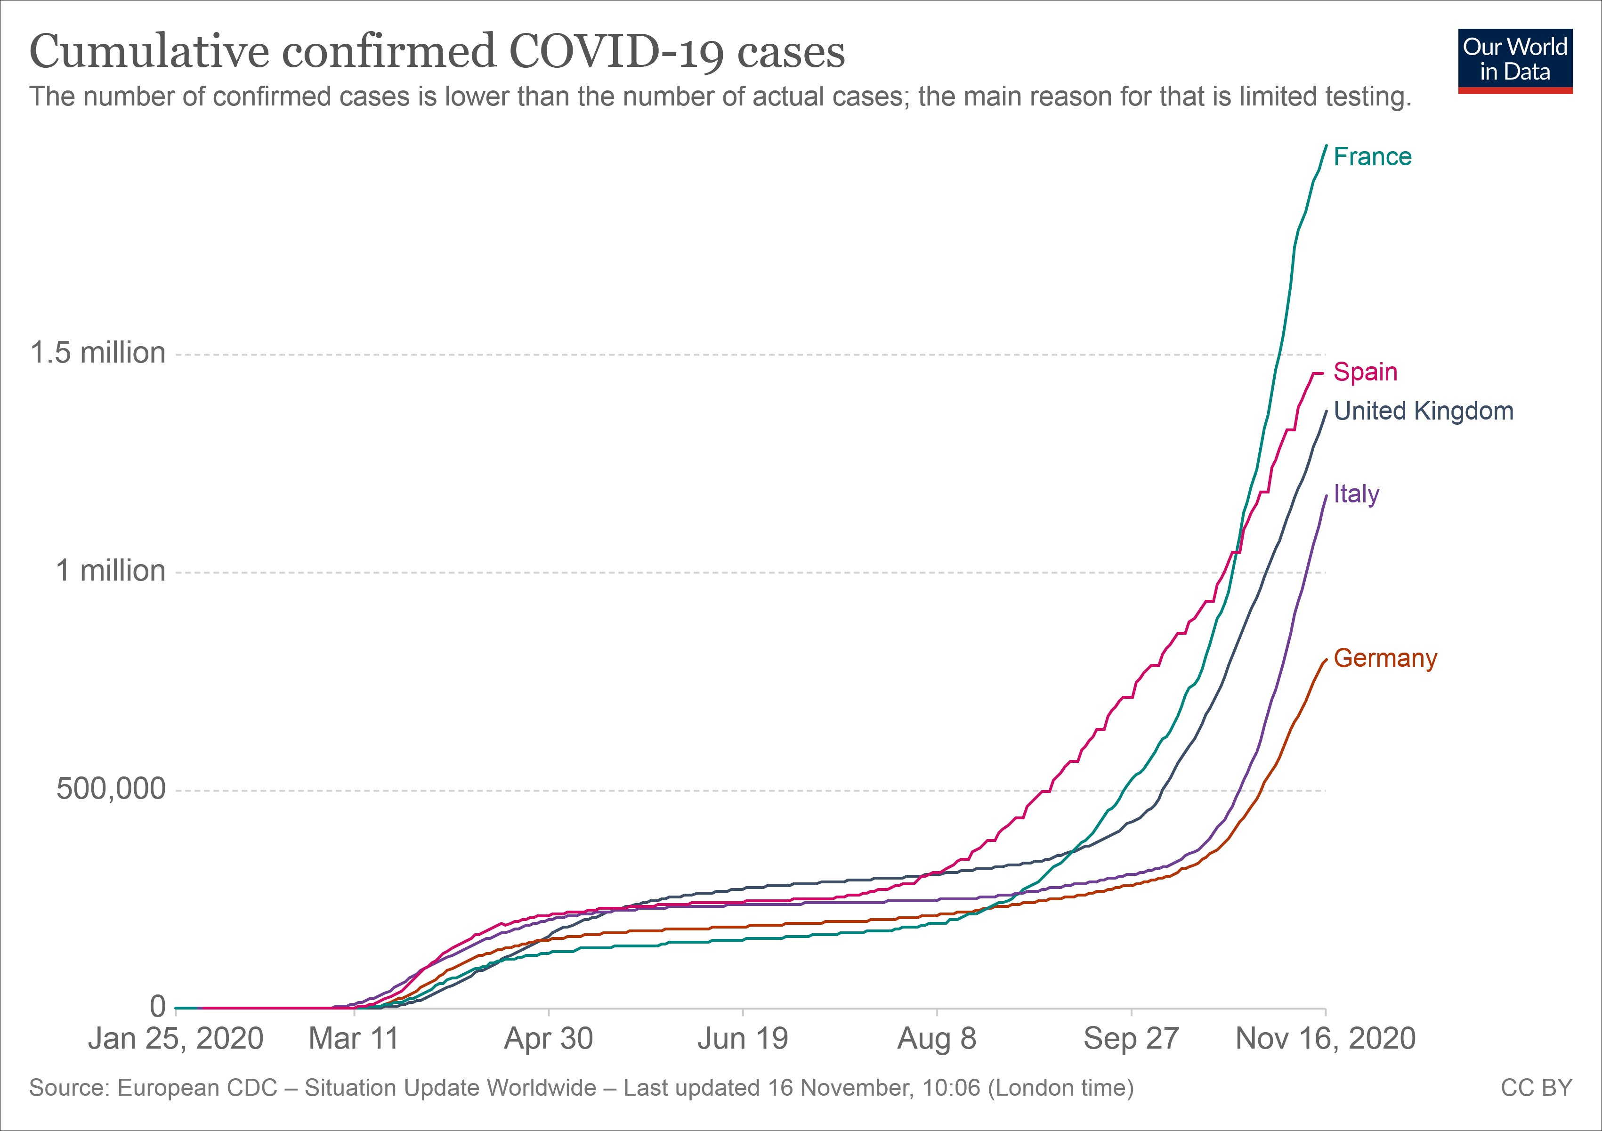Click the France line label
[x=1372, y=157]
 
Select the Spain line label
[x=1365, y=372]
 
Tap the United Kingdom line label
[x=1424, y=411]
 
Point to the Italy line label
[x=1356, y=494]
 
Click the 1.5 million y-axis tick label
[x=97, y=353]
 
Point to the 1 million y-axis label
[x=110, y=571]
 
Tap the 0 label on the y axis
[x=158, y=1006]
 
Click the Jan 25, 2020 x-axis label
[x=175, y=1039]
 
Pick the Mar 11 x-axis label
[x=354, y=1039]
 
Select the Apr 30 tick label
[x=549, y=1039]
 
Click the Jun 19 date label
[x=743, y=1039]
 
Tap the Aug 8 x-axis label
[x=936, y=1039]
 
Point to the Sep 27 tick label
[x=1130, y=1039]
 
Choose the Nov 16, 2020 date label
[x=1325, y=1039]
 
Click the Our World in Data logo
[x=1515, y=61]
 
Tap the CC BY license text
[x=1537, y=1088]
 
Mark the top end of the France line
[x=1326, y=145]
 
